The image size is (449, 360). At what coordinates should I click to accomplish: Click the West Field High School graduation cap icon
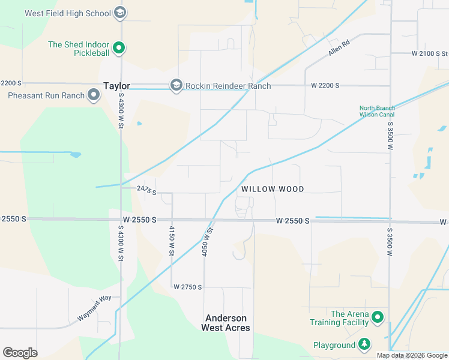pos(120,13)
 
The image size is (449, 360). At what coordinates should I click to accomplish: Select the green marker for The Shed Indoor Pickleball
pos(119,48)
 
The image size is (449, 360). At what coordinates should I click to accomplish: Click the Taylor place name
pos(116,86)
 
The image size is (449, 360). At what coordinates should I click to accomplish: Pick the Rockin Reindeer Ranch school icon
pos(176,86)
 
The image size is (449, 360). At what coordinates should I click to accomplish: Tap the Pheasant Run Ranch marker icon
pos(94,95)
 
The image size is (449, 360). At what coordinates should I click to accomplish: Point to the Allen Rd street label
pos(339,47)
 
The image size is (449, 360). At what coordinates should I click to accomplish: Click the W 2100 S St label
pos(430,53)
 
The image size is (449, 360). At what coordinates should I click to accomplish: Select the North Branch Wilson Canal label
pos(377,111)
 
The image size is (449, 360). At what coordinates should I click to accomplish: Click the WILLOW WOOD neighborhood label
pos(273,189)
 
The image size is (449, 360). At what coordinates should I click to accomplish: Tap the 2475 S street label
pos(146,191)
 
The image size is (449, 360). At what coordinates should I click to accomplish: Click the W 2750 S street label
pos(188,287)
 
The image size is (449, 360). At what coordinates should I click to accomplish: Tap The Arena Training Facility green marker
pos(378,317)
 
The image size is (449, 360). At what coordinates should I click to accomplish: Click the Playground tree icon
pos(364,344)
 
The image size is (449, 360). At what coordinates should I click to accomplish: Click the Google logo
pos(20,353)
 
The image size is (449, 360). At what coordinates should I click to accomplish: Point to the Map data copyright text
pos(411,355)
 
